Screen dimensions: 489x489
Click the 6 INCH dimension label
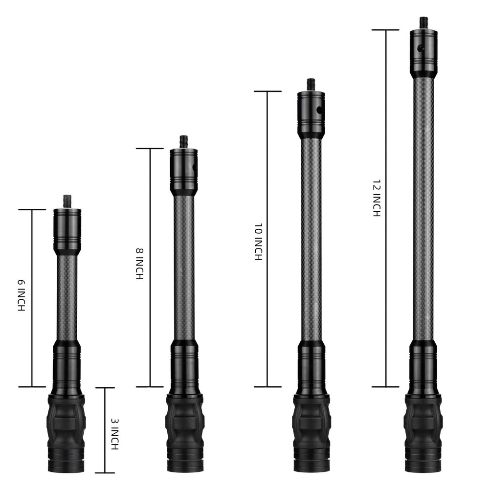[x=21, y=296]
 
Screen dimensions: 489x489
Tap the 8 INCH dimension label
[x=139, y=264]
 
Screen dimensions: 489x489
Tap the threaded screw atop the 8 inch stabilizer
[x=183, y=141]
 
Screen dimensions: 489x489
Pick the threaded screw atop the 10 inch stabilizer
[x=310, y=84]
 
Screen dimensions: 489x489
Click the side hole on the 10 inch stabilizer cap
[x=320, y=111]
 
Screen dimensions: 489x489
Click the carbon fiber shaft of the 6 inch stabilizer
[x=66, y=298]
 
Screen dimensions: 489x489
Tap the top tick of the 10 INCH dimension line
[x=267, y=91]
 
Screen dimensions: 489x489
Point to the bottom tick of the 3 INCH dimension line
[x=105, y=473]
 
